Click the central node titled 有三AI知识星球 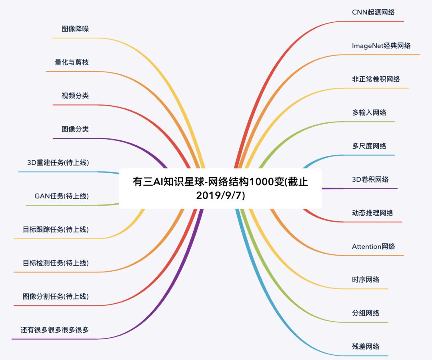(220, 188)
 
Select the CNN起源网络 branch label (373, 12)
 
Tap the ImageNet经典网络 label (381, 46)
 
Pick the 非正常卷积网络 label (376, 79)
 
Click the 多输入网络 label (369, 112)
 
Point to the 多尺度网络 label (369, 146)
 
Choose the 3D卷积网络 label (370, 180)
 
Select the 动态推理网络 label (372, 213)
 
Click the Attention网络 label (373, 246)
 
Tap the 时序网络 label (366, 280)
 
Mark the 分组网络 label (366, 313)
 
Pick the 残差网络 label (366, 346)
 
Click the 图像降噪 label (75, 29)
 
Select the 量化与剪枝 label (72, 62)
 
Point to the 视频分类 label (75, 96)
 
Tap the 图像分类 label (75, 129)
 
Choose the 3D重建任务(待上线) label (58, 163)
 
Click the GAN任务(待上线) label (62, 196)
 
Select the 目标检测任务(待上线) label (56, 263)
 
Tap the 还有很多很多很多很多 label (55, 330)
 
